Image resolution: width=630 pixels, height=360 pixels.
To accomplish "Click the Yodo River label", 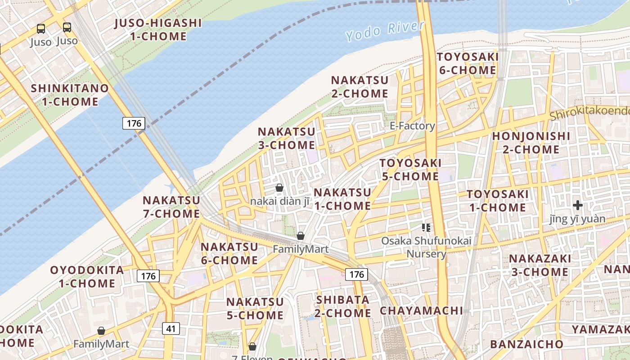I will click(x=385, y=31).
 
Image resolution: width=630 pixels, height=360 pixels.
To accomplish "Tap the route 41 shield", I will click(x=171, y=328).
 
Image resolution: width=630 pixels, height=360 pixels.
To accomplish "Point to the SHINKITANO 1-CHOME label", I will click(x=70, y=95).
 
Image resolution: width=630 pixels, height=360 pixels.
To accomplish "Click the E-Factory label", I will click(x=412, y=126).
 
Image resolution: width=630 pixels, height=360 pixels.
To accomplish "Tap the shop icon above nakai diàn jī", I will click(x=279, y=188).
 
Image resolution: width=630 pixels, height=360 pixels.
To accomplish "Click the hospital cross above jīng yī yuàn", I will click(x=578, y=206).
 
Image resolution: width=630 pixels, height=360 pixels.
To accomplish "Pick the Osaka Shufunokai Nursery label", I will click(x=426, y=247).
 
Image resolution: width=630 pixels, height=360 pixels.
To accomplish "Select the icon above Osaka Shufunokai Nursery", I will click(x=426, y=228).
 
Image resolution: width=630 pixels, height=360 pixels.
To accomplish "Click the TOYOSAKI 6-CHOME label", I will click(x=468, y=63).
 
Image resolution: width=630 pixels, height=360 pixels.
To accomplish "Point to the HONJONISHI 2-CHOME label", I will click(x=525, y=143).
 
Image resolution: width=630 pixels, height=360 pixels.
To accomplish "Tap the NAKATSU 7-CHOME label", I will click(x=171, y=207).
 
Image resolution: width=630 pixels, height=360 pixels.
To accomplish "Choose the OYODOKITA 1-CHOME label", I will click(x=87, y=277).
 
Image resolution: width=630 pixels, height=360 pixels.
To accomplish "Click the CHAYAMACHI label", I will click(x=421, y=310).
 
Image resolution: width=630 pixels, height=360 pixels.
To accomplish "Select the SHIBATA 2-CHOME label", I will click(x=343, y=306).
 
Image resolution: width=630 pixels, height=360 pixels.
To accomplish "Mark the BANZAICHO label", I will click(x=526, y=344).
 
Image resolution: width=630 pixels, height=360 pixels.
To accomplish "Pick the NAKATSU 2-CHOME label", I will click(x=360, y=87).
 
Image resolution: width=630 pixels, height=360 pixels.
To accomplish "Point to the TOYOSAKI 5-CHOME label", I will click(x=410, y=170).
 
